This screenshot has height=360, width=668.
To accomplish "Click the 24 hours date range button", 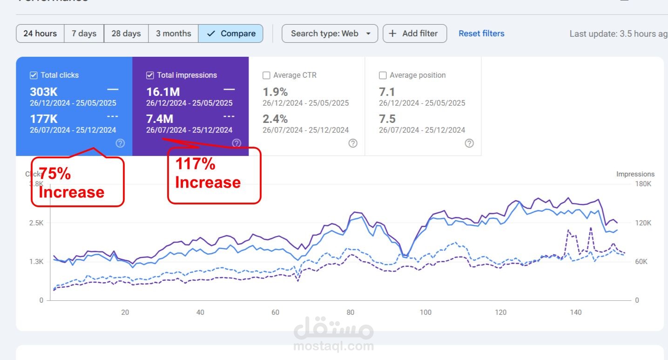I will tap(40, 34).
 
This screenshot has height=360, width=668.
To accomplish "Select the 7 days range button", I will tap(84, 34).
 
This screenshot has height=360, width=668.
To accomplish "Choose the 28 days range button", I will tap(126, 34).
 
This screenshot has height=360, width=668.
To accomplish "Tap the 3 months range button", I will tap(173, 34).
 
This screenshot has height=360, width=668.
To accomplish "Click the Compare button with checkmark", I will tap(231, 34).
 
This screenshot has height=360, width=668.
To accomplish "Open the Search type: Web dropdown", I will tap(330, 34).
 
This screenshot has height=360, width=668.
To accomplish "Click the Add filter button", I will tap(414, 34).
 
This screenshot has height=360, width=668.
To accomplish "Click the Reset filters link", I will tap(481, 34).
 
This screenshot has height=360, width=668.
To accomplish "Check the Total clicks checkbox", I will tap(34, 75).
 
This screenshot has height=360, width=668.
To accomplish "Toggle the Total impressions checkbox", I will tap(150, 75).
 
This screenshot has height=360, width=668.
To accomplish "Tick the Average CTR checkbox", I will tap(266, 75).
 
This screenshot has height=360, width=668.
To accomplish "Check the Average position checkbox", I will tap(383, 75).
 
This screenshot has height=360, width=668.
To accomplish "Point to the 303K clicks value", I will tap(44, 92).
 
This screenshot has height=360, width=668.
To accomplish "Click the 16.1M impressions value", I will tap(163, 92).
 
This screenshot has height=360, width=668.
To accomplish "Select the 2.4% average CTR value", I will tap(275, 119).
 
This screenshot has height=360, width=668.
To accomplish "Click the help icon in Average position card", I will tap(469, 143).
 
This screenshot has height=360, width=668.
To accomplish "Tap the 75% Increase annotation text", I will tap(71, 183).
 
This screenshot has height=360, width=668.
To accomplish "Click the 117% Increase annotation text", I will tap(208, 173).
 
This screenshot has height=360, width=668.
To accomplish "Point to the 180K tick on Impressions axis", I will tap(643, 184).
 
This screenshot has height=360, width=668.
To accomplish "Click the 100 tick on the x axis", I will tap(425, 312).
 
